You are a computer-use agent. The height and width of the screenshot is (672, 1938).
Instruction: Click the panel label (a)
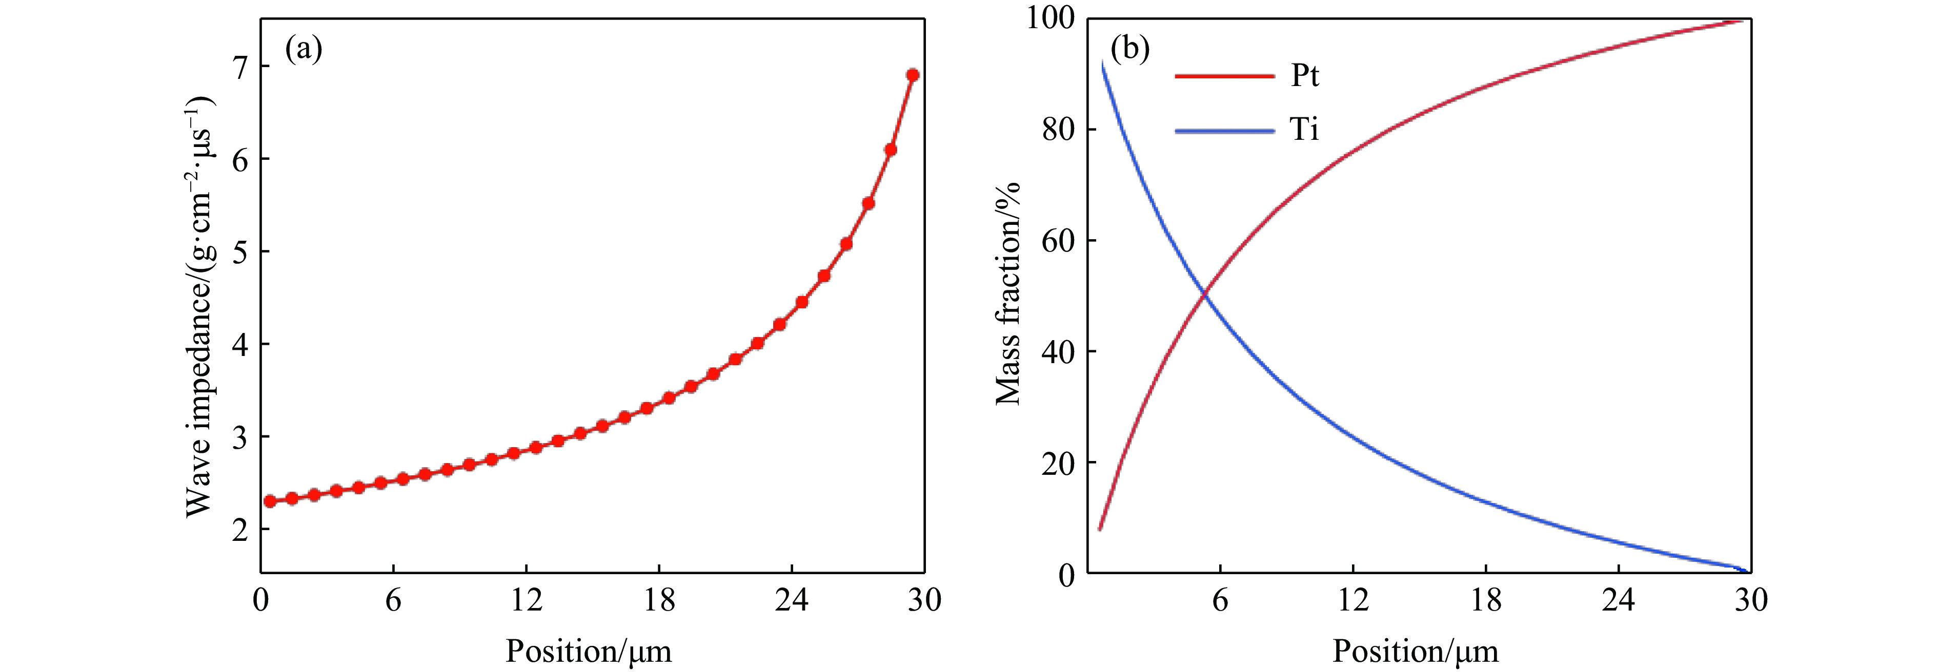point(303,50)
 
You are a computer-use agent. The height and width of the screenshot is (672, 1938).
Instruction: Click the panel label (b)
point(1130,50)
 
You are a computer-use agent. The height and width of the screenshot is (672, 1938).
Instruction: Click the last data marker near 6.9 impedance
point(913,75)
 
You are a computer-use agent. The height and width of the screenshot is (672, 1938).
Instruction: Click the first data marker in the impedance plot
point(270,501)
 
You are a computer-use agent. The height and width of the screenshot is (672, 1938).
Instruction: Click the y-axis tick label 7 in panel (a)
point(239,68)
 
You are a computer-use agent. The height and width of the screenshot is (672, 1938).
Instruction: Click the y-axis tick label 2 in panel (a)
point(239,531)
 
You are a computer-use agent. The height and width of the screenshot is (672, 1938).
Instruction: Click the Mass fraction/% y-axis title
point(1007,293)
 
